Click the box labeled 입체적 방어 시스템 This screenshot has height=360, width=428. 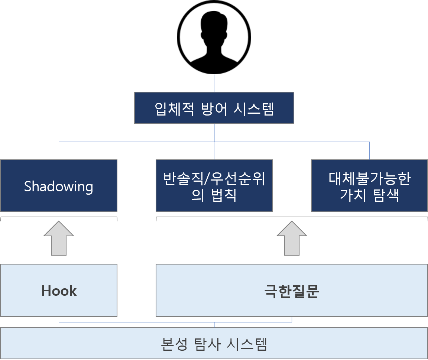tap(214, 108)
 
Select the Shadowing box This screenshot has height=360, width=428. tap(59, 186)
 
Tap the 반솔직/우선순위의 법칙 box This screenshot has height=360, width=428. tap(214, 186)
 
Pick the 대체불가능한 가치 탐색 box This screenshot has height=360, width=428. tap(369, 186)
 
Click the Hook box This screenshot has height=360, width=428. tap(59, 290)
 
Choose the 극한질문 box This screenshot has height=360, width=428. tap(292, 290)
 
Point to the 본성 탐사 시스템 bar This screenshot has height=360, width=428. tap(214, 344)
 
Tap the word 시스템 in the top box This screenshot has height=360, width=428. tap(255, 108)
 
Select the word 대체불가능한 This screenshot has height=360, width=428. tap(369, 179)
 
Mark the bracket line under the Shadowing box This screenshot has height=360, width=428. tap(59, 217)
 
